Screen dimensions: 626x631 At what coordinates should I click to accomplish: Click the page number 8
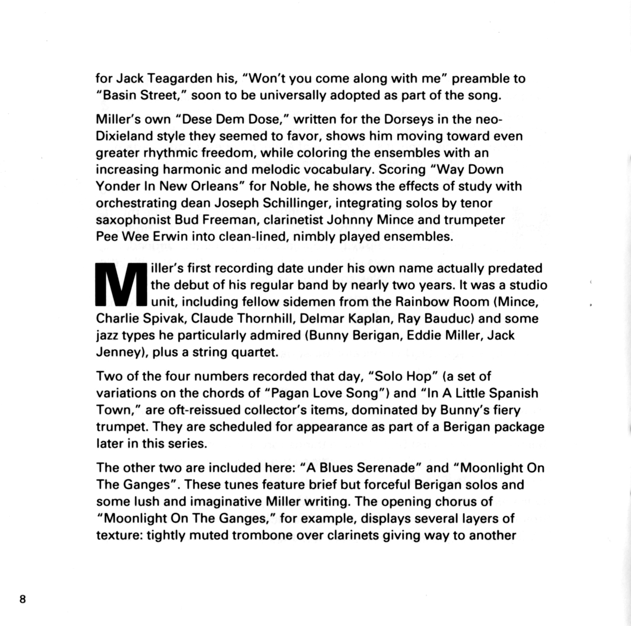[23, 599]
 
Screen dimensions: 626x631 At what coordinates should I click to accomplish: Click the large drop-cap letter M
[121, 285]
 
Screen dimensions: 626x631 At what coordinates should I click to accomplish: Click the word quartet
[254, 352]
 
